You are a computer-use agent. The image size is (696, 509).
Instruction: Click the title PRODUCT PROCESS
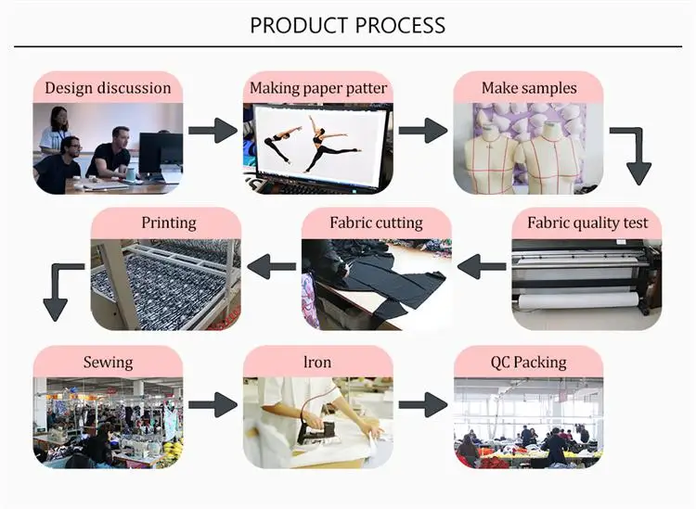[x=348, y=25]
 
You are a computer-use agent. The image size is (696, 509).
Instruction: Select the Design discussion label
[x=108, y=88]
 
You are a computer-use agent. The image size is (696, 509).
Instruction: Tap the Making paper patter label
[x=318, y=88]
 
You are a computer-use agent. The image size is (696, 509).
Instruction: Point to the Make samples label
[x=529, y=88]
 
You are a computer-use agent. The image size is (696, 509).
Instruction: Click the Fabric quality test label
[x=587, y=223]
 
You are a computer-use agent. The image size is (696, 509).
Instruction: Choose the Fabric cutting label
[x=376, y=223]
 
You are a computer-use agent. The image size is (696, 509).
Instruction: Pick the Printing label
[x=169, y=223]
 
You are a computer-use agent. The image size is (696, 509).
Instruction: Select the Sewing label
[x=108, y=363]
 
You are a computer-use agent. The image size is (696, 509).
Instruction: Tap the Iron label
[x=317, y=363]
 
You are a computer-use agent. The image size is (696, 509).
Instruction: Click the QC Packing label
[x=529, y=363]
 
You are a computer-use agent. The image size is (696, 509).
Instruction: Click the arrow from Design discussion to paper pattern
[x=213, y=131]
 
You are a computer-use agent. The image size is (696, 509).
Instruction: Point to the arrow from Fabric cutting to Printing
[x=272, y=266]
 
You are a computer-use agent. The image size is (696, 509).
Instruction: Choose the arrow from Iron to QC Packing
[x=423, y=404]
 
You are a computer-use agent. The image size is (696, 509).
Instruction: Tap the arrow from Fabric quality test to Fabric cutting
[x=482, y=266]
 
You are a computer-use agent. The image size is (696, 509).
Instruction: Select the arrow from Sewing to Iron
[x=213, y=404]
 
